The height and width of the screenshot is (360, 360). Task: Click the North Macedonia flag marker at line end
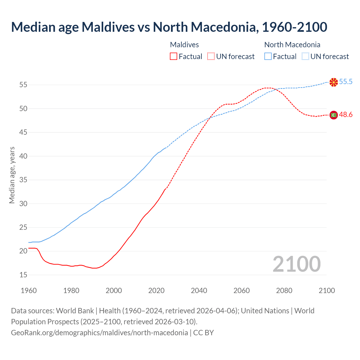[334, 82]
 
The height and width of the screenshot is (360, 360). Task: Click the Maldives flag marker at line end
[334, 115]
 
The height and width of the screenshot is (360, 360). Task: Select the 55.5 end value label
[346, 82]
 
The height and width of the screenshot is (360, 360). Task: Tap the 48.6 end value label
[346, 115]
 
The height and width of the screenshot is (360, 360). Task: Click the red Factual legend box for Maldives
[174, 57]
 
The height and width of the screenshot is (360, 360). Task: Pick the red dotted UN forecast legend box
[211, 57]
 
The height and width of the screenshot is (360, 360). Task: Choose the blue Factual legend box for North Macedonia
[268, 57]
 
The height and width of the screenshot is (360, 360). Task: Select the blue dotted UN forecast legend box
[305, 57]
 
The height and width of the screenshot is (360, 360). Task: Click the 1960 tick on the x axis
[29, 291]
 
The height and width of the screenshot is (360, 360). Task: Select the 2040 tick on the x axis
[199, 291]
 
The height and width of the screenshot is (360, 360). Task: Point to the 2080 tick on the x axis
[284, 291]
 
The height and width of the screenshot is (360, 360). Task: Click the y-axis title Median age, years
[12, 175]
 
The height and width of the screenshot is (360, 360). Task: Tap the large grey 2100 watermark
[296, 264]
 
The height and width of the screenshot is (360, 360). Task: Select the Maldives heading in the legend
[184, 45]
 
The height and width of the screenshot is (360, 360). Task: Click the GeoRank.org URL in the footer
[99, 333]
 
